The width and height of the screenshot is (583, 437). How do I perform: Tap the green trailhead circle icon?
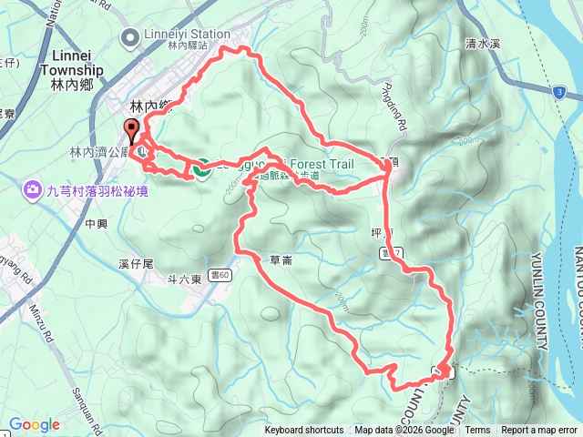200,167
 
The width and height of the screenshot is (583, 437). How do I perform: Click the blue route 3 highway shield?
557,93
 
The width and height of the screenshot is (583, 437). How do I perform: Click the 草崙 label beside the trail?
281,259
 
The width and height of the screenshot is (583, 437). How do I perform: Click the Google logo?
34,424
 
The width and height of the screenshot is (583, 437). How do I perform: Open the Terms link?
477,431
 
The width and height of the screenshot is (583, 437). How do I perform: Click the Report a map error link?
540,431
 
